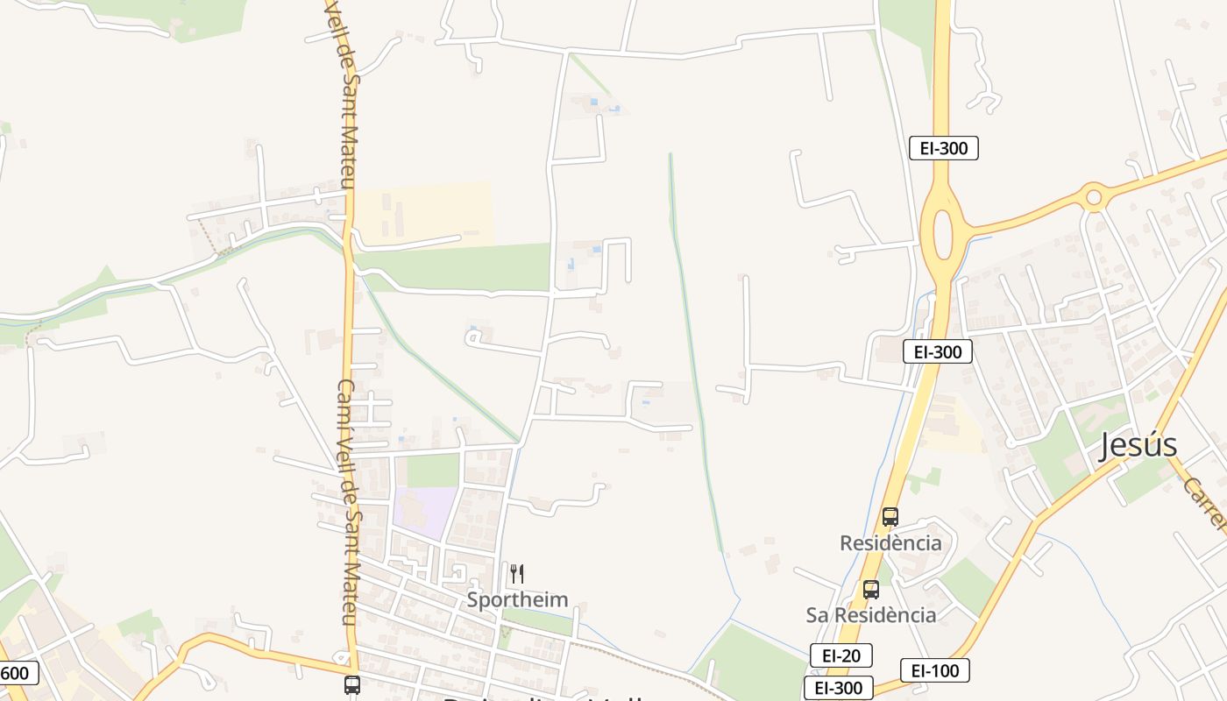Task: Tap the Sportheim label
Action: (517, 600)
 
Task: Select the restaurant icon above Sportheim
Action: (517, 574)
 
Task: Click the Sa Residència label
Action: (870, 615)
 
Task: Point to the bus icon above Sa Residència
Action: (870, 590)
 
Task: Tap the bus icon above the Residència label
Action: (890, 517)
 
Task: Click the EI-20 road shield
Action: (840, 655)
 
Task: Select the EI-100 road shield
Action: (935, 671)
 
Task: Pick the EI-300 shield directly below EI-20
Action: (838, 688)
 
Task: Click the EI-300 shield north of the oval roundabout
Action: (943, 148)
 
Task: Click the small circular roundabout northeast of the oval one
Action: (1093, 197)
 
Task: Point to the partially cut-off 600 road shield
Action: (18, 673)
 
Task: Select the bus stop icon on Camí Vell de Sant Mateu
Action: (352, 684)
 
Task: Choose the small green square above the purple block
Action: (433, 471)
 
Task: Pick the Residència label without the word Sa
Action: (890, 543)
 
